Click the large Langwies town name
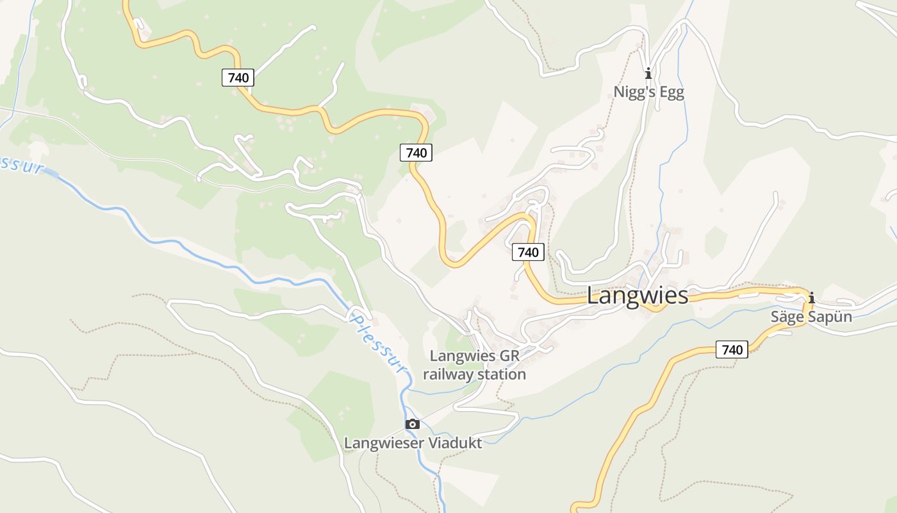coord(638,296)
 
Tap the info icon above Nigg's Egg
coord(648,72)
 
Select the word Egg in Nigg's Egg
coord(671,92)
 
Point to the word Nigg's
coord(634,92)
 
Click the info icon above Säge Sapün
coord(812,298)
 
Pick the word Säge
coord(786,317)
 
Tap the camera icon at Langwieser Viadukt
coord(413,424)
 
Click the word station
coord(503,374)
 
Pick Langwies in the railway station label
coord(463,356)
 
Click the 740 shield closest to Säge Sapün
coord(732,350)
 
